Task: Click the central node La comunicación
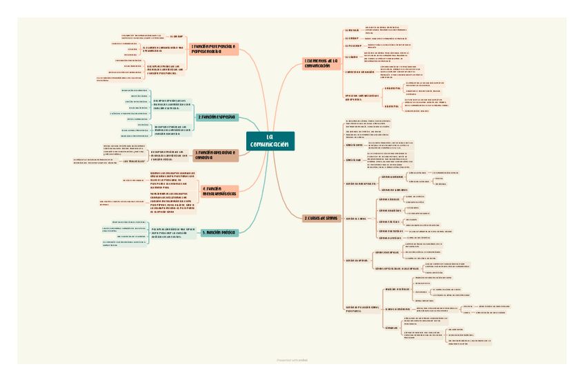point(270,141)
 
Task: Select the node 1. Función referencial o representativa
point(214,48)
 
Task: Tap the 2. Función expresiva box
point(217,117)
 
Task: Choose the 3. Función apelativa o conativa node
point(215,155)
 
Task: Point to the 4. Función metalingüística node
point(219,191)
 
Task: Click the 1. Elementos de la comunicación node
point(322,63)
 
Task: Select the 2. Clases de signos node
point(321,218)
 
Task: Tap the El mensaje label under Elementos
point(352,30)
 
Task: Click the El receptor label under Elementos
point(353,46)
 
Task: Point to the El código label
point(352,56)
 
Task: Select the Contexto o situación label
point(359,72)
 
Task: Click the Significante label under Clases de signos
point(354,145)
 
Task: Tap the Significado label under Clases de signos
point(354,160)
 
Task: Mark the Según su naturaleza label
point(361,183)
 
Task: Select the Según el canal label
point(355,219)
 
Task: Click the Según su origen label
point(357,261)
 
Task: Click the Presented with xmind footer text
point(292,359)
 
